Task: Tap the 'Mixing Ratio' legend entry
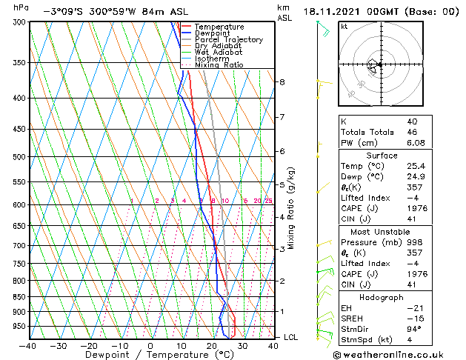click(x=219, y=64)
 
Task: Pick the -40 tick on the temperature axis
click(x=28, y=346)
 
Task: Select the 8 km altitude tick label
click(x=282, y=81)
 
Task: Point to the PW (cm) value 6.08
click(x=415, y=144)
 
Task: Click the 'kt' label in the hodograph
click(x=344, y=26)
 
